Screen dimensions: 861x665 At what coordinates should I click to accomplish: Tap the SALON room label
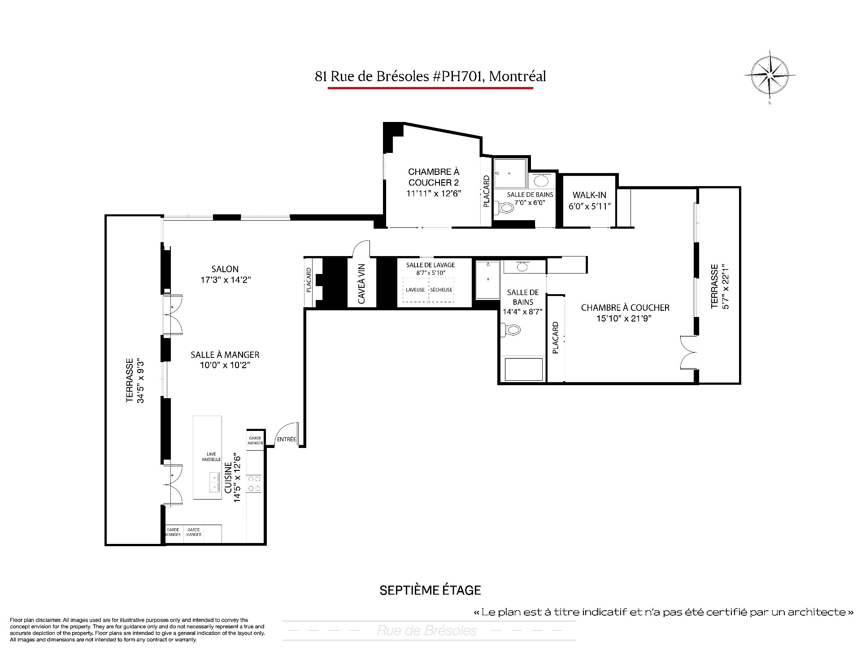pos(225,269)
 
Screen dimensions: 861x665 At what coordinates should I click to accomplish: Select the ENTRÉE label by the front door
pos(287,439)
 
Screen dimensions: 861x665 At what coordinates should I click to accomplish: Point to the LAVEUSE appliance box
pos(415,290)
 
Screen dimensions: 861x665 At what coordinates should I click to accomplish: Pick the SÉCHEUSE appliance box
pos(441,290)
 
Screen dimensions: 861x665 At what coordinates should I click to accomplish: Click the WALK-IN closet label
pos(589,195)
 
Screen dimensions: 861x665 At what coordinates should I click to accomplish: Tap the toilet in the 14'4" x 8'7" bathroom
pos(512,330)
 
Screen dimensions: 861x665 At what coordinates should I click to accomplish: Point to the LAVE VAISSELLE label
pos(211,457)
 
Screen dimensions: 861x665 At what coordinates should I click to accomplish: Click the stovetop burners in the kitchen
pos(255,484)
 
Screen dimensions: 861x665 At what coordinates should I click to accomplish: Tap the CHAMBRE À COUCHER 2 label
pos(434,177)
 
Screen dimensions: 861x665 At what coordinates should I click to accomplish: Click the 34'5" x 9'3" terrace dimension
pos(141,380)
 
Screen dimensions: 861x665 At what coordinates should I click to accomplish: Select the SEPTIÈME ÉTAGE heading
pos(430,591)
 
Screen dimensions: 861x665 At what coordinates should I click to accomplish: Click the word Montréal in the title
pos(517,77)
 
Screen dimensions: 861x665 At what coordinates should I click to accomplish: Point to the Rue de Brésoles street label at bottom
pos(427,631)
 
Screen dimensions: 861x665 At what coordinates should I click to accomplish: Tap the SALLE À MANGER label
pos(225,355)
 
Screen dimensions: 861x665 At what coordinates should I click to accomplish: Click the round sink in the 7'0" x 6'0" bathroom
pos(541,181)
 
